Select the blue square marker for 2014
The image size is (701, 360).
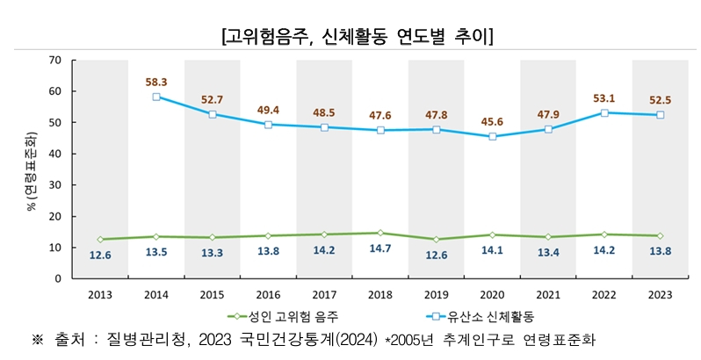(156, 97)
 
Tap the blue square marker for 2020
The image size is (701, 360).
(492, 136)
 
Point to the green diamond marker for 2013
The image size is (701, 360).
(100, 239)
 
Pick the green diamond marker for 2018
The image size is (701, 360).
(380, 233)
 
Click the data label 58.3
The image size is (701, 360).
(156, 81)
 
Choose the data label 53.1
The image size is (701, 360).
(603, 97)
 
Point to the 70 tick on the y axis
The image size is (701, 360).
(54, 60)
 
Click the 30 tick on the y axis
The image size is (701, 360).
(54, 185)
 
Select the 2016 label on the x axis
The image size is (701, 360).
(268, 295)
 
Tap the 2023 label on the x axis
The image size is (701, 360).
(660, 295)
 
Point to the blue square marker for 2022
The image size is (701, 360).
(603, 112)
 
